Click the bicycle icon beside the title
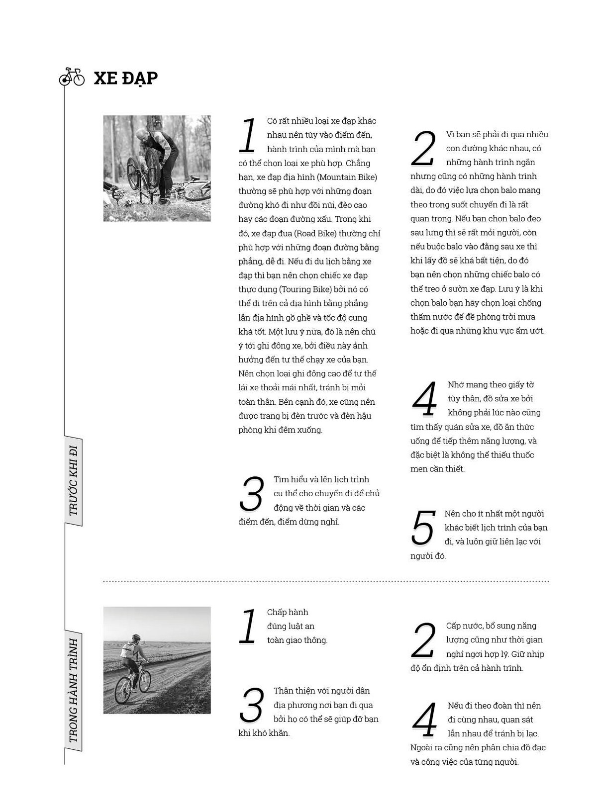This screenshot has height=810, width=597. tap(72, 77)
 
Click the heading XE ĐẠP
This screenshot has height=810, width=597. tap(125, 78)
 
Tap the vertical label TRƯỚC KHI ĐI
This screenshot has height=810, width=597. tap(73, 481)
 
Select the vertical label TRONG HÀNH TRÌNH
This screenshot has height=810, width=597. tap(73, 691)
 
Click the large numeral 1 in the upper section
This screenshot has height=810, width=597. tap(248, 135)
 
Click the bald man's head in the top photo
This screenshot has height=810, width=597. tap(143, 134)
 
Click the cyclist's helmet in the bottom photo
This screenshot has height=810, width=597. tap(136, 637)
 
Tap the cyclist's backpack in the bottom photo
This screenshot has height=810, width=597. tap(128, 650)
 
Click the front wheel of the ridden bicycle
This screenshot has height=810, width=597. tap(145, 680)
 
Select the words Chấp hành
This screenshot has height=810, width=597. tap(288, 612)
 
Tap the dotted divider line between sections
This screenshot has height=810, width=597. tap(326, 581)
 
